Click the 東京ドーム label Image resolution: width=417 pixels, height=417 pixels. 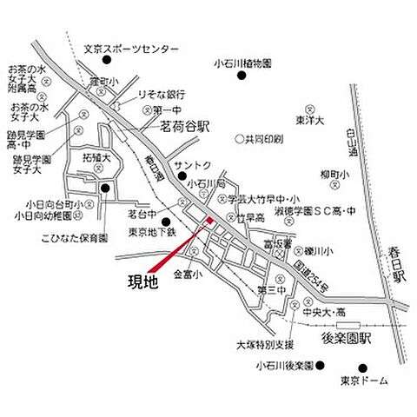(363, 381)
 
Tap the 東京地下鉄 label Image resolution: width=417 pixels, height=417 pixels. (152, 232)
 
